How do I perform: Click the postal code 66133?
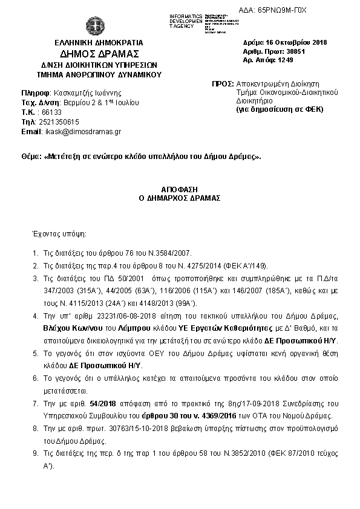(51, 112)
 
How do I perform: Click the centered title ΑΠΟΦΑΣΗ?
(180, 189)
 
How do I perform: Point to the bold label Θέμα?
(31, 156)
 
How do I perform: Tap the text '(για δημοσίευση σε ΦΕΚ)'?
(280, 109)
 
